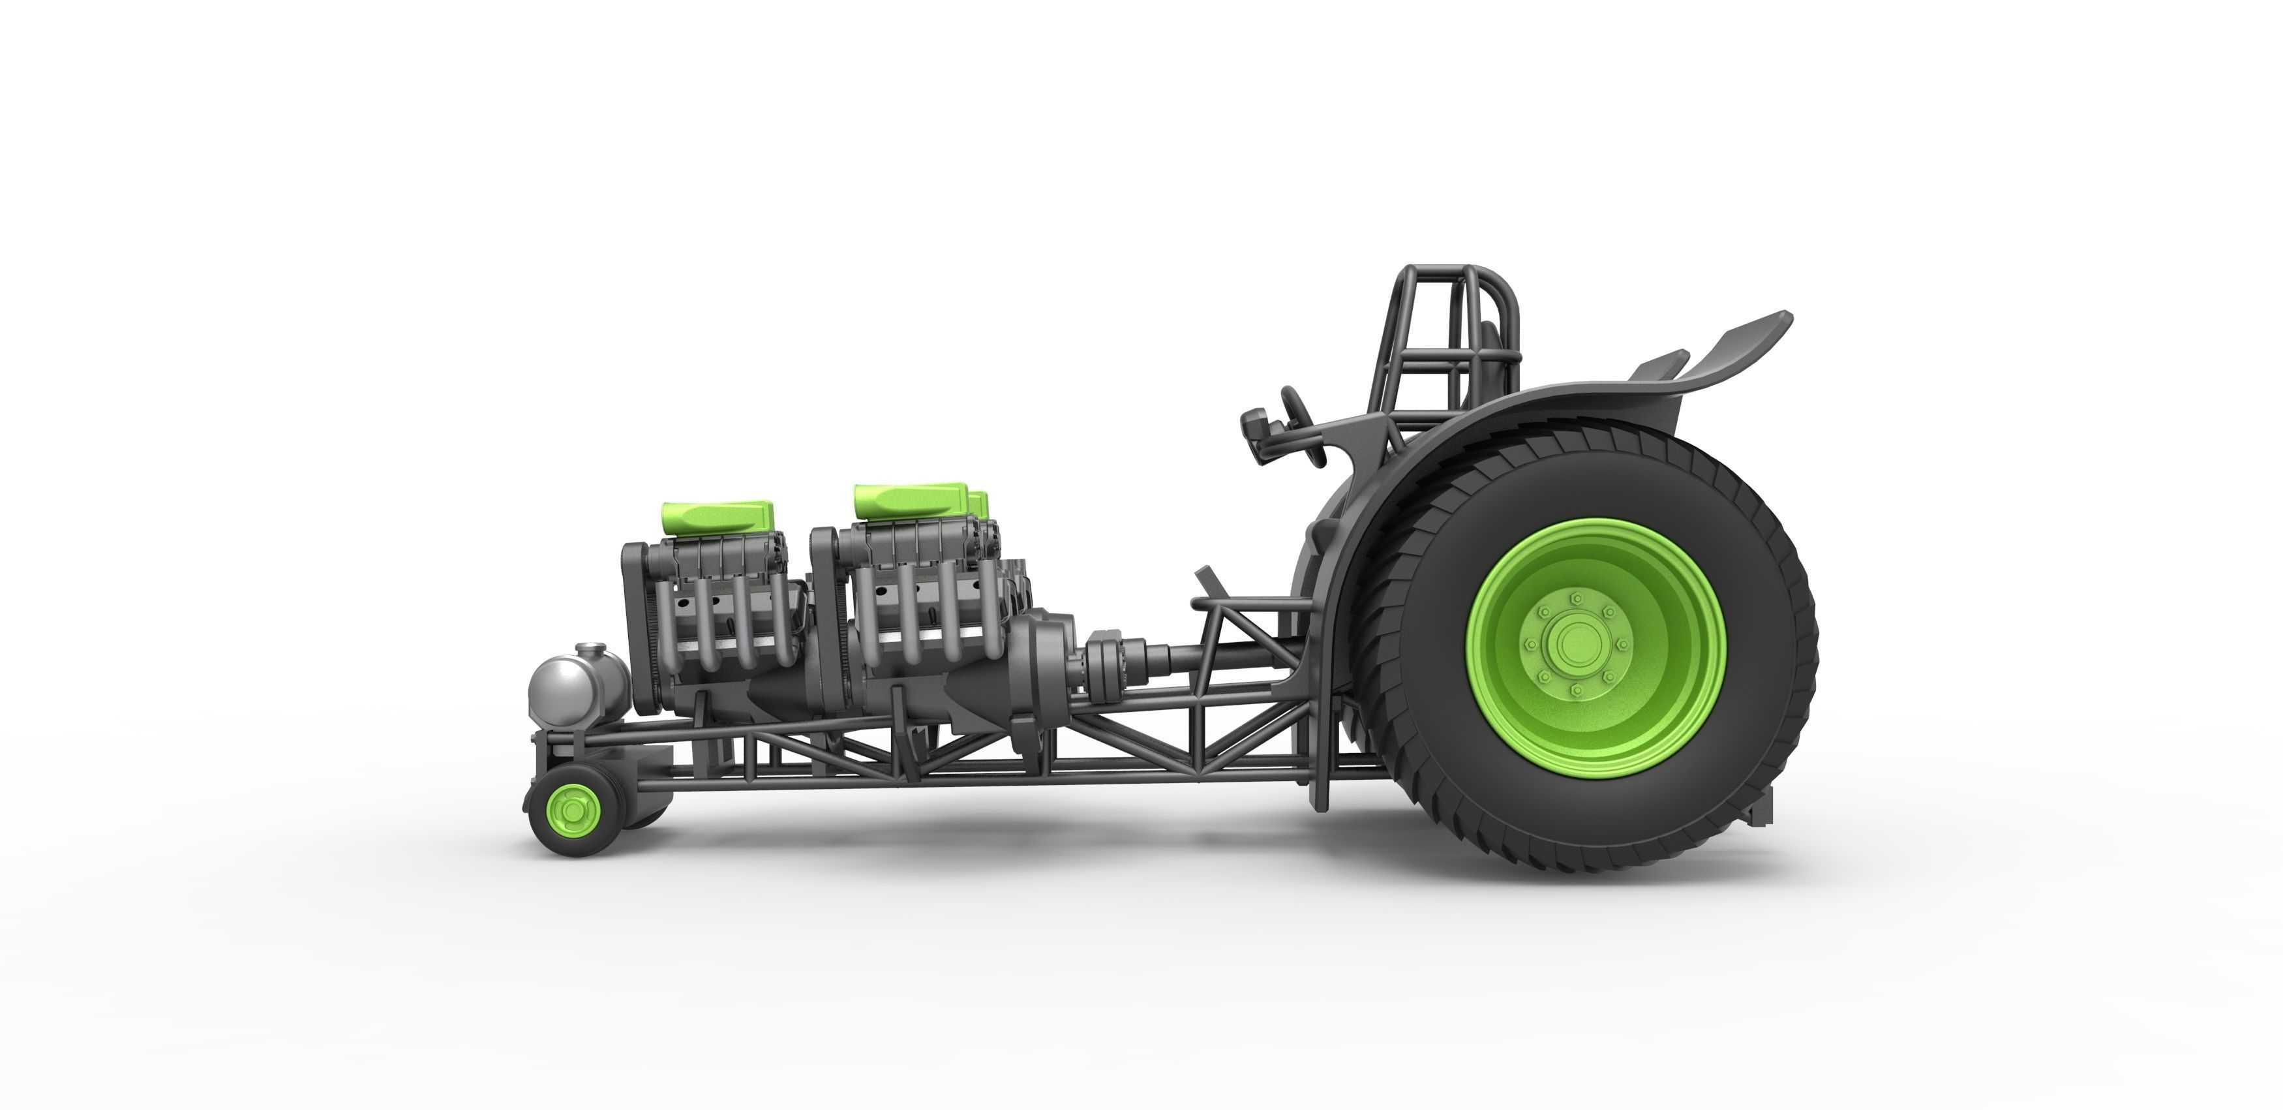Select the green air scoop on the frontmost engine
(x=717, y=515)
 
